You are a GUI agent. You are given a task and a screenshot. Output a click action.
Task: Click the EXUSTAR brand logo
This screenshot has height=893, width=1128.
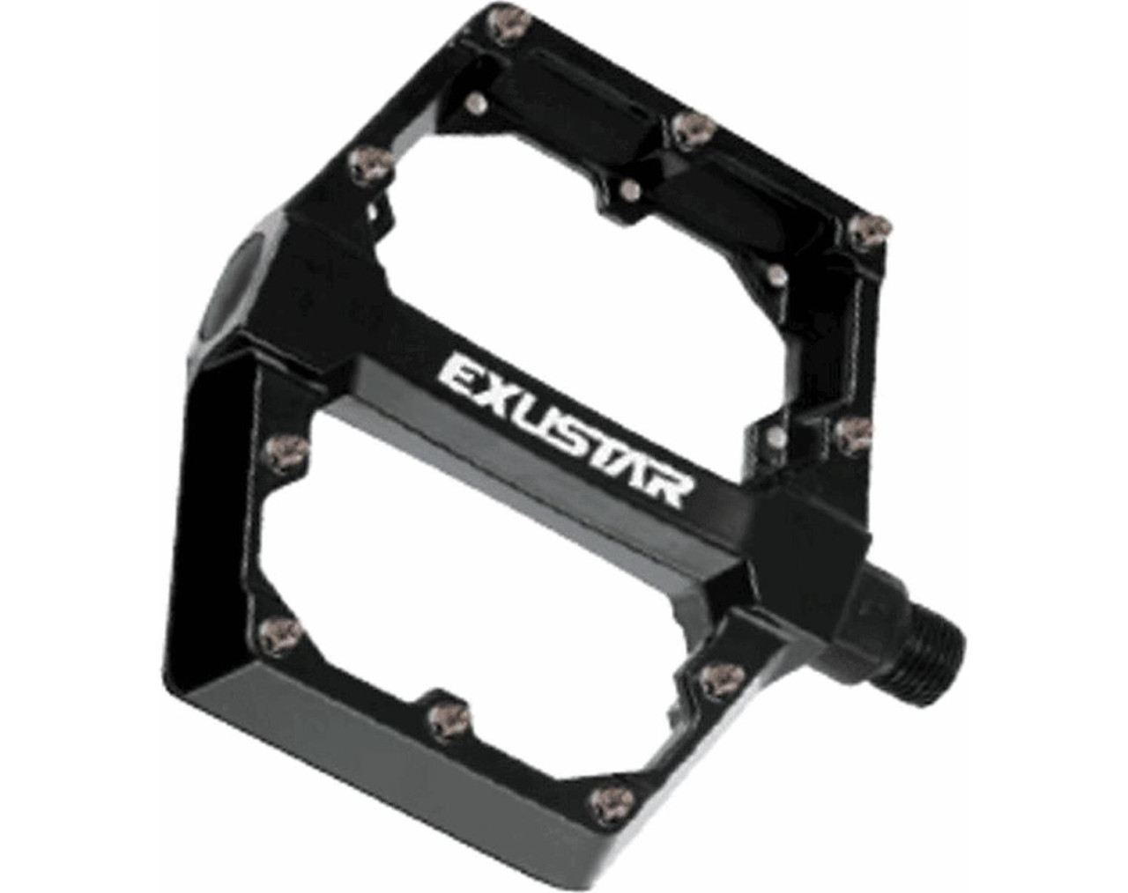(565, 431)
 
